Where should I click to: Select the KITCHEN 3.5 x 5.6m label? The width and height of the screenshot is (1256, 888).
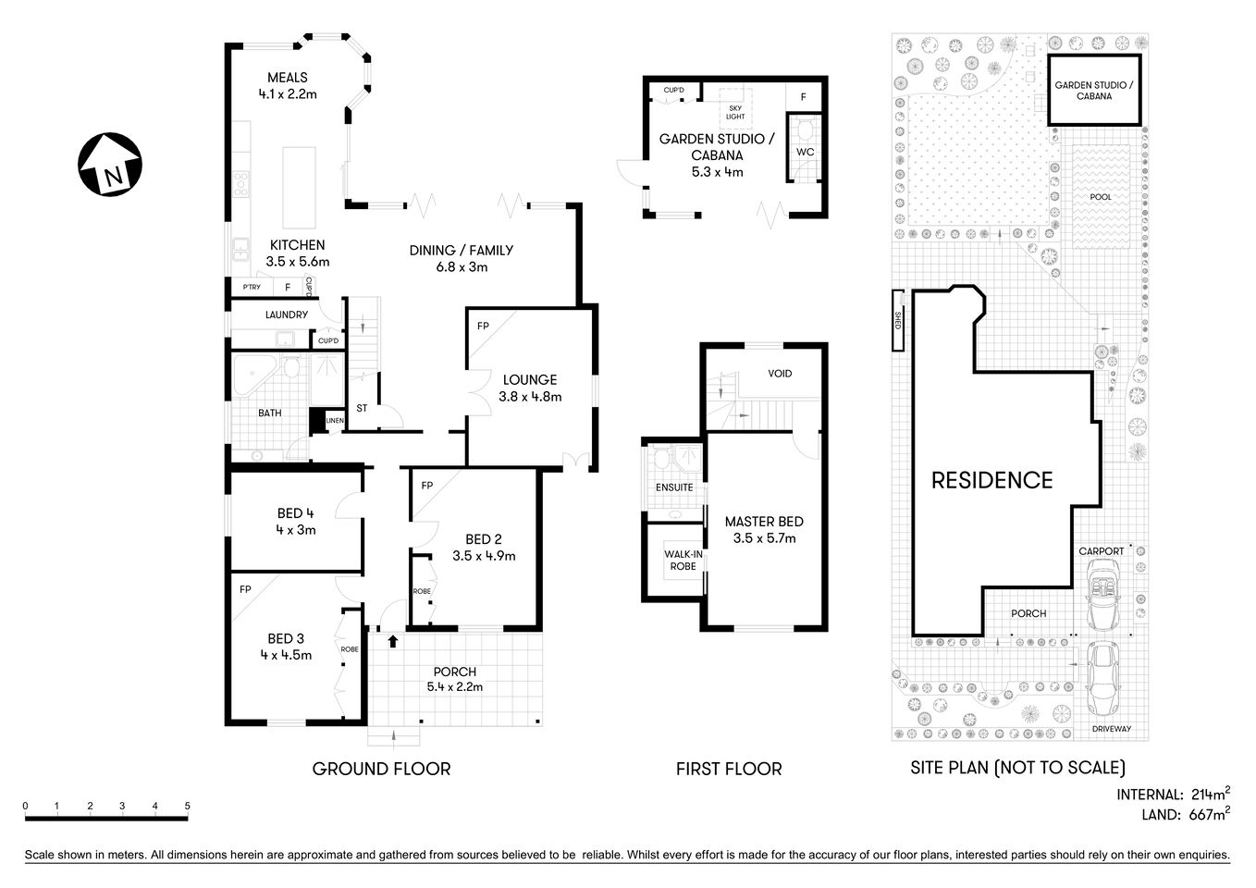click(x=297, y=253)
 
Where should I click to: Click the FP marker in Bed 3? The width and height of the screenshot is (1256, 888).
click(x=245, y=589)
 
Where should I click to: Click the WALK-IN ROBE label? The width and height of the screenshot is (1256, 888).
click(x=683, y=561)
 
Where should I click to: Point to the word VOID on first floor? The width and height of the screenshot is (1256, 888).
click(x=780, y=374)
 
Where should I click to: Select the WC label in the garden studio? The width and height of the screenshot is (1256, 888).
click(x=805, y=152)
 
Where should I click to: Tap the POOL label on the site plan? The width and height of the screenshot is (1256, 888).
click(x=1101, y=197)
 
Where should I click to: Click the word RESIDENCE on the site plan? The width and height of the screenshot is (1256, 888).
click(x=991, y=480)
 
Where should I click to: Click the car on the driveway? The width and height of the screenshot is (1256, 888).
click(x=1102, y=678)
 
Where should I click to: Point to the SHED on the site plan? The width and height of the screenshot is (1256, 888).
click(x=897, y=321)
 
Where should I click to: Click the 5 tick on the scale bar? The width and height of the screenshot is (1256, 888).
click(x=188, y=807)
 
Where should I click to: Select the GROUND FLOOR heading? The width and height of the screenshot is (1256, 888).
click(x=381, y=769)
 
